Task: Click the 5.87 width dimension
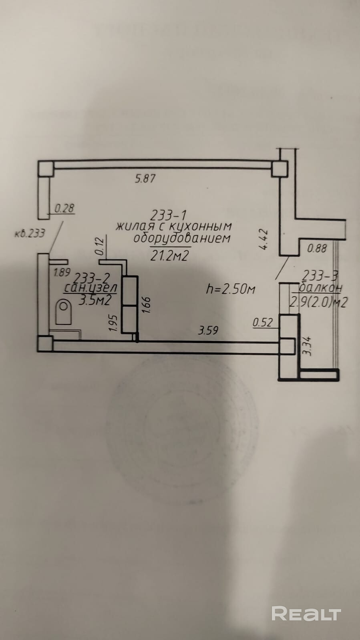click(145, 178)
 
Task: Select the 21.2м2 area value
click(169, 255)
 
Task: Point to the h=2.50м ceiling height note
click(230, 289)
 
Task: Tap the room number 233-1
click(169, 215)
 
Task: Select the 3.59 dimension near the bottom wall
click(209, 331)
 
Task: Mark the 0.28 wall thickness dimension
click(64, 208)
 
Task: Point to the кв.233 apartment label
click(30, 233)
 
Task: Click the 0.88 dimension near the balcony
click(317, 249)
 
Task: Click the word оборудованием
click(182, 239)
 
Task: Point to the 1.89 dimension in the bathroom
click(62, 273)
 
